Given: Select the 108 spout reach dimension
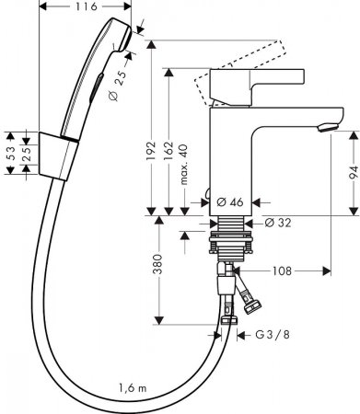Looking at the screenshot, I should [285, 272].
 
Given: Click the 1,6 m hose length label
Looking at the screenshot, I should [135, 386].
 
